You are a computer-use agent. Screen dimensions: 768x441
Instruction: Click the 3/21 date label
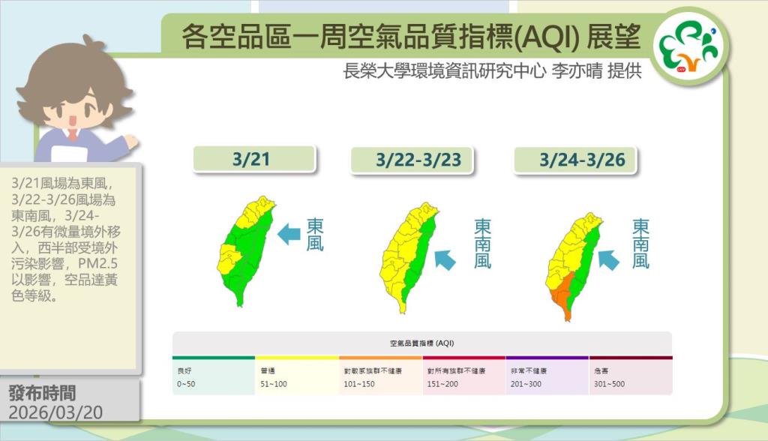click(x=251, y=159)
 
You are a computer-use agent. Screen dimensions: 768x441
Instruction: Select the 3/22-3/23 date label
click(x=418, y=160)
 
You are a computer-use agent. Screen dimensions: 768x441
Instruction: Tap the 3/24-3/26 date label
click(x=582, y=160)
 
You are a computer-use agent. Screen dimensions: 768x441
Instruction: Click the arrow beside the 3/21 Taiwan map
click(x=289, y=234)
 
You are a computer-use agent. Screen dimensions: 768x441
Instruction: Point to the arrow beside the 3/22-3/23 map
click(x=445, y=259)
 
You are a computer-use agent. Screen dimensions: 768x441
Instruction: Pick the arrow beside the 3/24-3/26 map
click(x=608, y=259)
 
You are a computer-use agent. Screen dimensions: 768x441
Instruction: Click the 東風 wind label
click(x=315, y=234)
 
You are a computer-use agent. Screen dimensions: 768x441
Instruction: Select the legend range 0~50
click(x=186, y=384)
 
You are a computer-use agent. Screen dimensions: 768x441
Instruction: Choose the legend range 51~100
click(x=273, y=384)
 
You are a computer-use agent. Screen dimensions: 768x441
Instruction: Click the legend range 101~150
click(x=359, y=384)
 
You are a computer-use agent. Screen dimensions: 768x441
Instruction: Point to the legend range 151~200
click(x=442, y=384)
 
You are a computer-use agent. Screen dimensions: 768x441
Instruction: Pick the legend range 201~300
click(x=526, y=384)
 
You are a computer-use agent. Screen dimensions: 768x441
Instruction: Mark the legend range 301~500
click(x=609, y=384)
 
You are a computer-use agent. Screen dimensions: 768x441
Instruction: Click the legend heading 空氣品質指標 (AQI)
click(x=422, y=343)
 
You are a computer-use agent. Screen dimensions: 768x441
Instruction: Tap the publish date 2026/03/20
click(x=55, y=412)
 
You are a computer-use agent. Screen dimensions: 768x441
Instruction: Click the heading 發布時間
click(x=42, y=393)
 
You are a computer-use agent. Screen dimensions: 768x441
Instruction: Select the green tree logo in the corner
click(x=688, y=47)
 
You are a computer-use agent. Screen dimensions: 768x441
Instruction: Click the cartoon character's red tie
click(x=73, y=134)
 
